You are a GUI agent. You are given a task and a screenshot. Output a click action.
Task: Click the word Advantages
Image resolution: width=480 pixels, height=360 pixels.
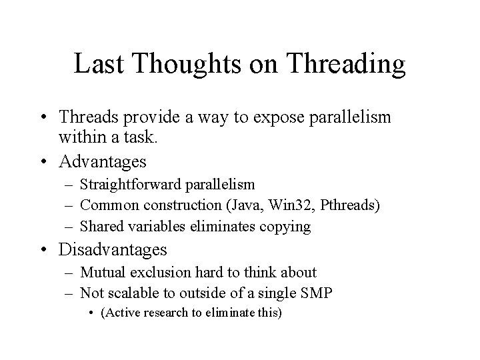click(103, 161)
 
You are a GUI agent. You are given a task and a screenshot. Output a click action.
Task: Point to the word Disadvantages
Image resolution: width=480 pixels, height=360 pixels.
click(113, 250)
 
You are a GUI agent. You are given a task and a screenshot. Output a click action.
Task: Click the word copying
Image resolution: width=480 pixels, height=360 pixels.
click(286, 227)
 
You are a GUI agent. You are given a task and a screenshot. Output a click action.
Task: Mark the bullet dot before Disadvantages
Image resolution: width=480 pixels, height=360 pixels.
click(45, 251)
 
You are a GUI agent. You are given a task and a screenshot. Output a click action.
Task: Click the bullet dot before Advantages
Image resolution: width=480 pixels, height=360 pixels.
click(45, 162)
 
